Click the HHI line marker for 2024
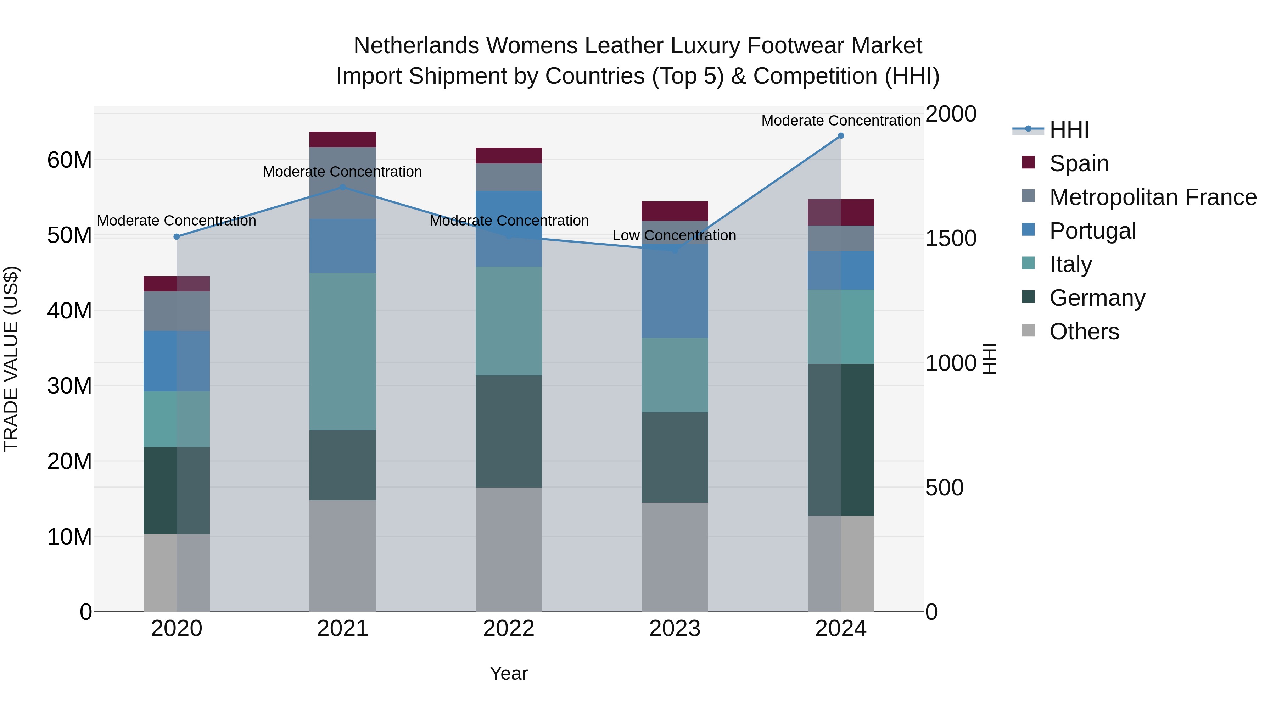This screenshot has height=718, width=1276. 841,136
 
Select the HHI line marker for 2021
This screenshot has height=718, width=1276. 343,187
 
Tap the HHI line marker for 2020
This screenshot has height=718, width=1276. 177,237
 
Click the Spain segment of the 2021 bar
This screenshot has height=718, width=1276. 343,139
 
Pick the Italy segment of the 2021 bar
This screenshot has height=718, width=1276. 343,351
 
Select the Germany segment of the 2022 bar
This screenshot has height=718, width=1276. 509,431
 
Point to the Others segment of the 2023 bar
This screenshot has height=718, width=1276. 675,557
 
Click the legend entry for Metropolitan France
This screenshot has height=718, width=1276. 1153,197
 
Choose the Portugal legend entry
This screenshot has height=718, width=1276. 1092,231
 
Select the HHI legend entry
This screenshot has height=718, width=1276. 1069,130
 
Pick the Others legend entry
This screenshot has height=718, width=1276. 1084,332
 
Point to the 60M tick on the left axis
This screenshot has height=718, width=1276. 69,160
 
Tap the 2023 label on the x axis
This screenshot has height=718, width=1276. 675,629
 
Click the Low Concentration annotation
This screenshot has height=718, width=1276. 674,235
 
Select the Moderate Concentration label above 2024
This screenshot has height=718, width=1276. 841,121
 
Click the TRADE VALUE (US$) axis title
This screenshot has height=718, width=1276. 11,359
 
